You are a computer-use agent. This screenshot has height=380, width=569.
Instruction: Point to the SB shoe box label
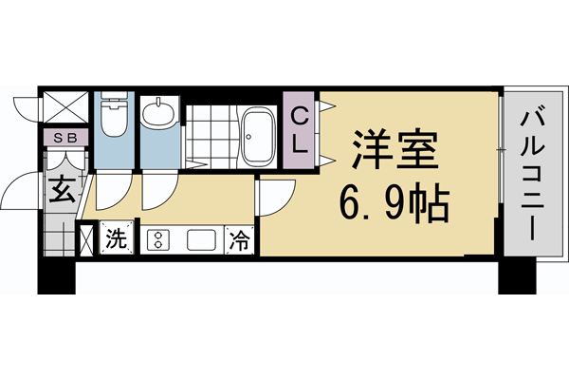click(65, 139)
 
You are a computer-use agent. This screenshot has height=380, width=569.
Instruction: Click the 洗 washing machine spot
click(115, 237)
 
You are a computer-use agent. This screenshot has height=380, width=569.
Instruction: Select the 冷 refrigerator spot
click(240, 238)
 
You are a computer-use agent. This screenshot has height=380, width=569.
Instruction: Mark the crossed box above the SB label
click(66, 108)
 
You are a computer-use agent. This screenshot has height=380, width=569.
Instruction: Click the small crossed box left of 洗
click(86, 237)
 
